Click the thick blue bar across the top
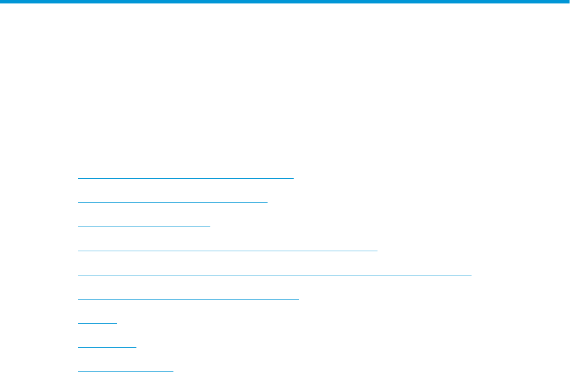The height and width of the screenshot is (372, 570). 285,2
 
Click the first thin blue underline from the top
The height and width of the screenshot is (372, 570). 186,178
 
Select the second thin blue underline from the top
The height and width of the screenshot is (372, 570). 173,202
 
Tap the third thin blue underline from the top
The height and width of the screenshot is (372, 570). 144,227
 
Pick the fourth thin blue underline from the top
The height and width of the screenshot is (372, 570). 228,251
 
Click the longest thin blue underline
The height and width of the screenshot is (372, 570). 275,275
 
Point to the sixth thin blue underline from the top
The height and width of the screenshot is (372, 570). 188,299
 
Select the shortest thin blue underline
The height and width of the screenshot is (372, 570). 98,323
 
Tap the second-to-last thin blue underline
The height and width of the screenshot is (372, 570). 107,347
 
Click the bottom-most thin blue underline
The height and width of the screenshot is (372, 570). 125,371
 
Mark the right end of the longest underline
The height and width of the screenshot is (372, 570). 471,275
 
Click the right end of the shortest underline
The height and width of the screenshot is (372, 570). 117,323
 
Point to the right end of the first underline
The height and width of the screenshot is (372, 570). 293,178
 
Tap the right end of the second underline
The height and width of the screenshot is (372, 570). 268,202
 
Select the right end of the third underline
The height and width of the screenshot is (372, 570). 210,227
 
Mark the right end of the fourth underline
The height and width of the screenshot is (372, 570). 377,251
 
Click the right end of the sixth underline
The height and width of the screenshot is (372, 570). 299,299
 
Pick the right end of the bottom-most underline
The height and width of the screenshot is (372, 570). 172,371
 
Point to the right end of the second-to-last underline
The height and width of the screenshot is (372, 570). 136,347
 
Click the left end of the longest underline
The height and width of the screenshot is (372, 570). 78,275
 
